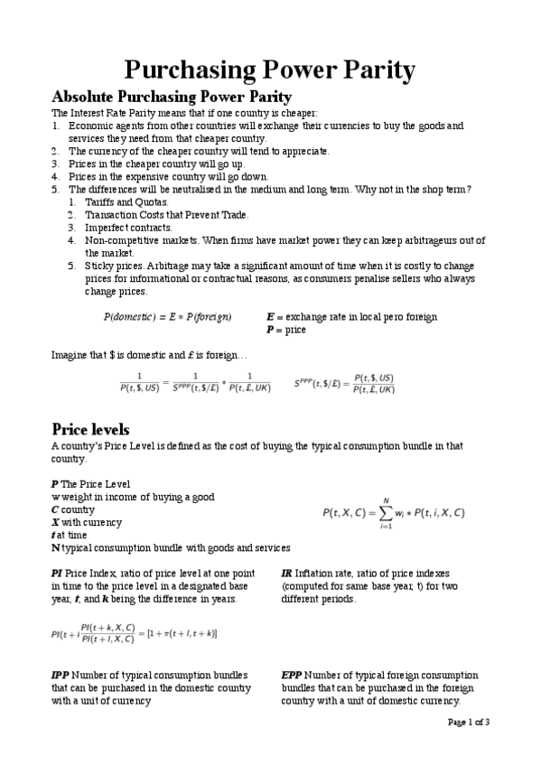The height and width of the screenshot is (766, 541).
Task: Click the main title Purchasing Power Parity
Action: [x=269, y=70]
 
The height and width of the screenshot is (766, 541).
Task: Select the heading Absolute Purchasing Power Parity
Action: [x=172, y=97]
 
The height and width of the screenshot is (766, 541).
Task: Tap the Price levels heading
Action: [x=90, y=429]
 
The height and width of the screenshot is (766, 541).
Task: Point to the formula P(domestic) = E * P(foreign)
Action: [x=167, y=317]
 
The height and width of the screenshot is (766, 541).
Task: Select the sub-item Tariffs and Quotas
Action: [x=126, y=202]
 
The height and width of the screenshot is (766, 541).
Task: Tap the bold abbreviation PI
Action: [x=56, y=574]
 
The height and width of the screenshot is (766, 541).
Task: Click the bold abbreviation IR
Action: [x=286, y=574]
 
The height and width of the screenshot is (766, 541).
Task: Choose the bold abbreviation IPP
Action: [x=60, y=676]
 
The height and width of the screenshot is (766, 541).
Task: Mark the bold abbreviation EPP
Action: [x=291, y=676]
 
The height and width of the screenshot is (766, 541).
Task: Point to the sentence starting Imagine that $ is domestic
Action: [x=143, y=355]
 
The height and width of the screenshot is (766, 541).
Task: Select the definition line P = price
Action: [x=286, y=330]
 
